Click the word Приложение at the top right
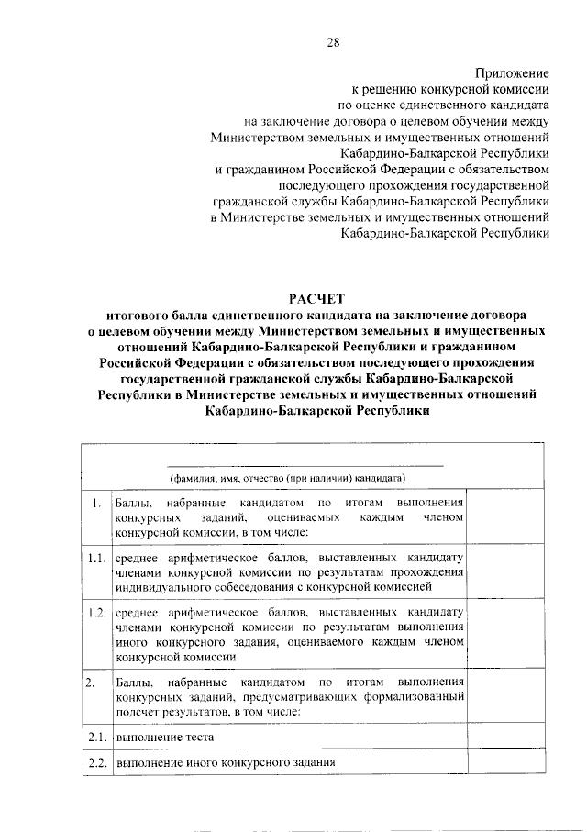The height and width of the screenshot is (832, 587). coord(512,72)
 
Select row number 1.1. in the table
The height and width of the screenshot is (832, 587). coord(94,557)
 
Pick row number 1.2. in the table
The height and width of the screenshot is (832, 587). coord(94,612)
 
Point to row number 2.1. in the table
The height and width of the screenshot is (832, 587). coord(94,736)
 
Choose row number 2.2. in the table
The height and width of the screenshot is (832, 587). coord(94,762)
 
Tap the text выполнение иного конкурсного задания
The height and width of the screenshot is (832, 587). coord(224,762)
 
